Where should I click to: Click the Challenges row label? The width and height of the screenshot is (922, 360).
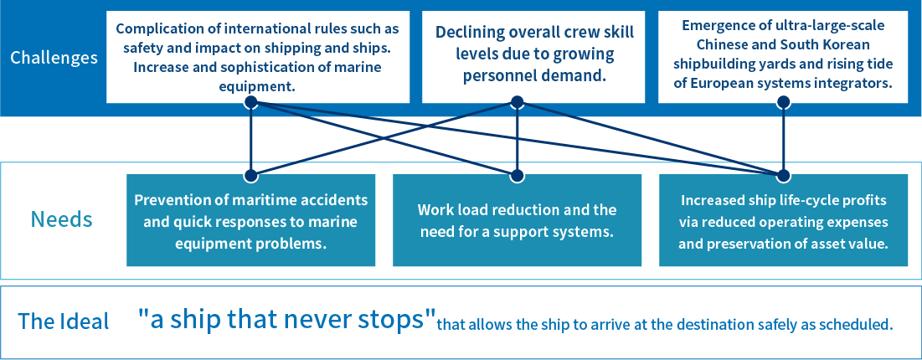54,58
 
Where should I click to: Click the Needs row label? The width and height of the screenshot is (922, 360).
61,219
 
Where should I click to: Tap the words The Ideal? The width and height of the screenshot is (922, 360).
64,321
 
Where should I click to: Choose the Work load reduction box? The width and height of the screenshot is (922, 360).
517,220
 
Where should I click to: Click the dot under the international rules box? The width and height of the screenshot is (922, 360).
250,102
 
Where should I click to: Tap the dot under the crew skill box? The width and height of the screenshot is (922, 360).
517,102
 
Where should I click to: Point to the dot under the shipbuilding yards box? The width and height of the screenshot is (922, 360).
783,102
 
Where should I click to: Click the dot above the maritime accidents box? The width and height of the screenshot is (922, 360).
250,175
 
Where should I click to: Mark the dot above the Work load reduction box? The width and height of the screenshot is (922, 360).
517,175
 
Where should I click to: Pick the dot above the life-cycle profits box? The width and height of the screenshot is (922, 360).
783,175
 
